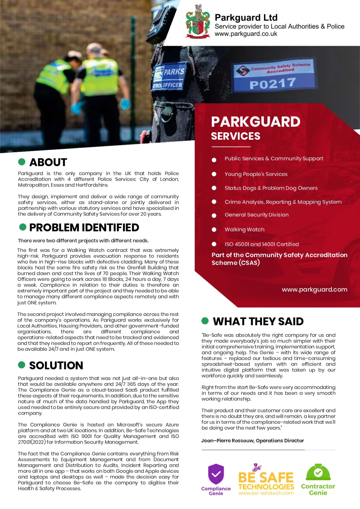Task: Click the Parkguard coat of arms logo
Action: pos(198,22)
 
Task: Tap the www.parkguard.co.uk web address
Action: pos(246,34)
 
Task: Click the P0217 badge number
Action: pos(273,84)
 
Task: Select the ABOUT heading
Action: pos(48,162)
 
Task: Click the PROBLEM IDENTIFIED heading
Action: pos(84,228)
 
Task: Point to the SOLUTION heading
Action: pos(56,365)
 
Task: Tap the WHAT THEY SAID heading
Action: pos(258,321)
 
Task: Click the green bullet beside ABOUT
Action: pos(22,162)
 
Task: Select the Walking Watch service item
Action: pos(244,230)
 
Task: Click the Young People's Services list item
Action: pos(256,174)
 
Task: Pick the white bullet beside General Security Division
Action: pos(214,216)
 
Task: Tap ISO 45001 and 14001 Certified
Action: pos(262,244)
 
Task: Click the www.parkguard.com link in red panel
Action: pos(314,290)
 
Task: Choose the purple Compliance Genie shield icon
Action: pos(216,474)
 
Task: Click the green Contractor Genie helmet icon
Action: pos(318,472)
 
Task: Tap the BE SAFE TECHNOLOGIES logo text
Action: pos(266,481)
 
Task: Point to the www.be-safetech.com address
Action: pos(266,493)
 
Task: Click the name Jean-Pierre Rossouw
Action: pos(227,441)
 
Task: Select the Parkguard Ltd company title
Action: pos(246,18)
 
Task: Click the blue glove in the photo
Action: pos(125,104)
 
